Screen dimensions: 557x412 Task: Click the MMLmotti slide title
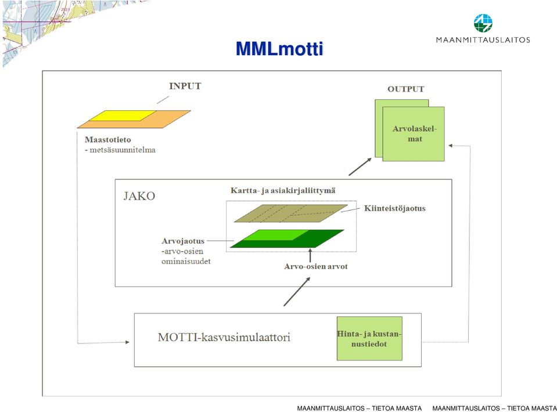[279, 49]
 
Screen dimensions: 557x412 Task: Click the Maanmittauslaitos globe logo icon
[483, 23]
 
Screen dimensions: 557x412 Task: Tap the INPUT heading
[185, 86]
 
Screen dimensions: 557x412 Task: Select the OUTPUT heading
[405, 89]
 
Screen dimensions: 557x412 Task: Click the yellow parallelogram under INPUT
[123, 115]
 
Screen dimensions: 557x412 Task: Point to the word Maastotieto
[108, 140]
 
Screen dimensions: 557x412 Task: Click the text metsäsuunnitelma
[123, 150]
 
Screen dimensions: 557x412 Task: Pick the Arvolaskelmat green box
[414, 134]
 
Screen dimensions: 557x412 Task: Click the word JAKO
[139, 196]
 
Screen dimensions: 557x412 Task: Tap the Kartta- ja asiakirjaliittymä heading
[283, 190]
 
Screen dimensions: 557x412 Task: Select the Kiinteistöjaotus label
[394, 208]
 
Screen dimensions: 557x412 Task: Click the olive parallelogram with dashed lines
[291, 214]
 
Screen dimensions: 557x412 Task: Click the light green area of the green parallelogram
[275, 235]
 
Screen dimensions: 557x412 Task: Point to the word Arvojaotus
[183, 241]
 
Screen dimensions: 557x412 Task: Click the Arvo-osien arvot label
[316, 266]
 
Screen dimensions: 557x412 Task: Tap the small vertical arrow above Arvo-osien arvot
[310, 255]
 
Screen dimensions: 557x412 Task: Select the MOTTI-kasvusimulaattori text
[224, 337]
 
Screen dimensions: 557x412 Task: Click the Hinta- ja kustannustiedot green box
[369, 338]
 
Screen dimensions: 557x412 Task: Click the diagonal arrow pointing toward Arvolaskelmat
[360, 167]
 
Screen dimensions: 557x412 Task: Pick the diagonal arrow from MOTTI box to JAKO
[297, 291]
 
